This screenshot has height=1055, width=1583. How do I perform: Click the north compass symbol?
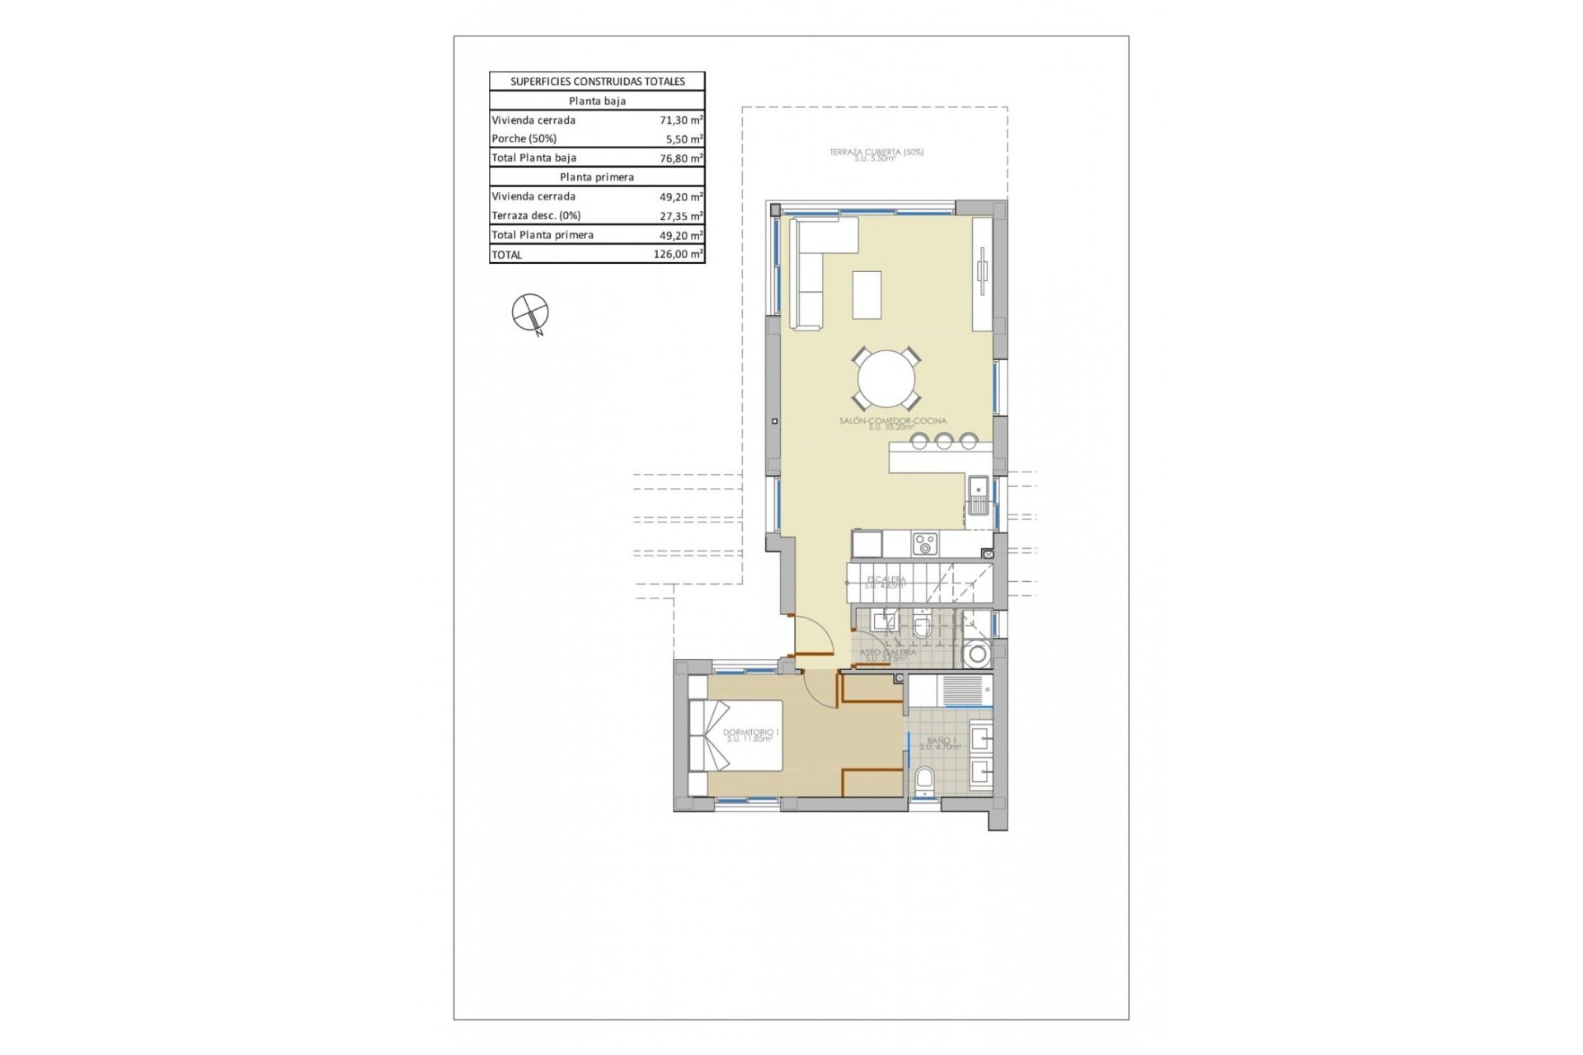[530, 312]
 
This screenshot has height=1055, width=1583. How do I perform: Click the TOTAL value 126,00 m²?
[678, 255]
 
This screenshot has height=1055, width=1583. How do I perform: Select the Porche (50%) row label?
[524, 138]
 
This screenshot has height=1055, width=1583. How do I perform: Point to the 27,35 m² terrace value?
[680, 216]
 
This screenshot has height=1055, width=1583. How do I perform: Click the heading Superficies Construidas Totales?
[597, 81]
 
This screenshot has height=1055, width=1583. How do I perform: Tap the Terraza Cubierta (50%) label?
[876, 153]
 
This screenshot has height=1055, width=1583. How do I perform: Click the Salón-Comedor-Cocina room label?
[892, 423]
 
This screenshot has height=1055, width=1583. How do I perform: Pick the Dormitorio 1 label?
[750, 734]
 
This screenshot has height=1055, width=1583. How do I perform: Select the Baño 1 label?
[941, 743]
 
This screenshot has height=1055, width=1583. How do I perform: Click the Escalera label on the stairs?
[885, 582]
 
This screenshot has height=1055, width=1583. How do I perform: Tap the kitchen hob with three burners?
[924, 544]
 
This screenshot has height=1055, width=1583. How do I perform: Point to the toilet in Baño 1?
[924, 780]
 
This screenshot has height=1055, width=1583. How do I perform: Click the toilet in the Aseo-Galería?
[922, 628]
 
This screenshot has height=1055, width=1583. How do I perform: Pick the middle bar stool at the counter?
[943, 442]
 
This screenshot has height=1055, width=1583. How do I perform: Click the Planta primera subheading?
[597, 177]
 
